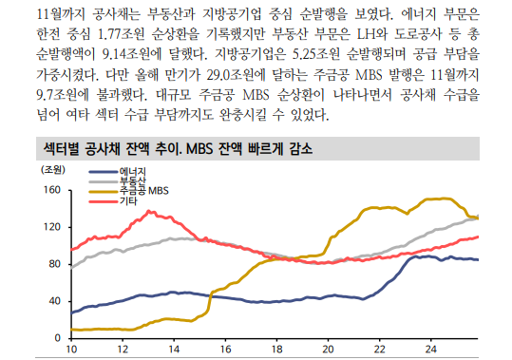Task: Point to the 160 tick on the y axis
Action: [52, 191]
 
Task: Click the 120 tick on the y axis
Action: [52, 228]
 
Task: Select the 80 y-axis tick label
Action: [55, 264]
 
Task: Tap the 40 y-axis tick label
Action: [55, 301]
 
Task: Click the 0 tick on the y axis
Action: [58, 338]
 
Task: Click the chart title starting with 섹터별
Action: [179, 149]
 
